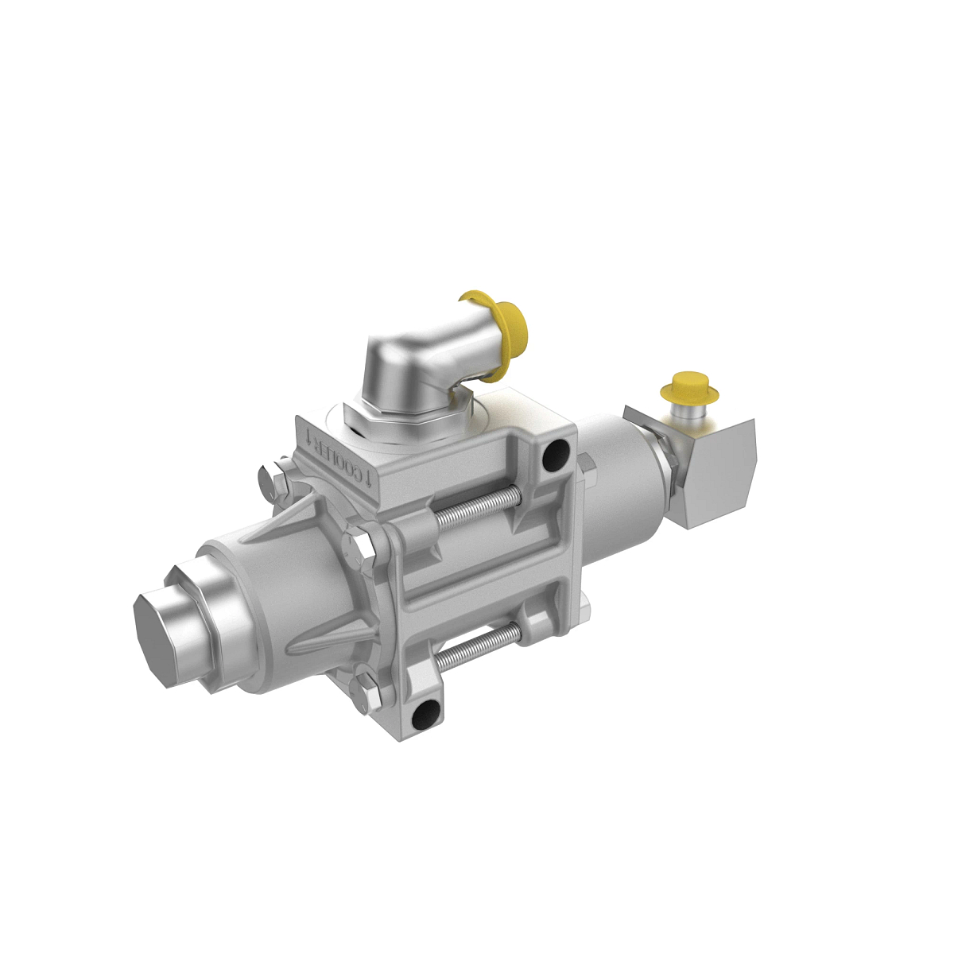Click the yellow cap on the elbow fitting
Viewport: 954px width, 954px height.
click(x=510, y=321)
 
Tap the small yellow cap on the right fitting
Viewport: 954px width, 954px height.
click(x=688, y=387)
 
